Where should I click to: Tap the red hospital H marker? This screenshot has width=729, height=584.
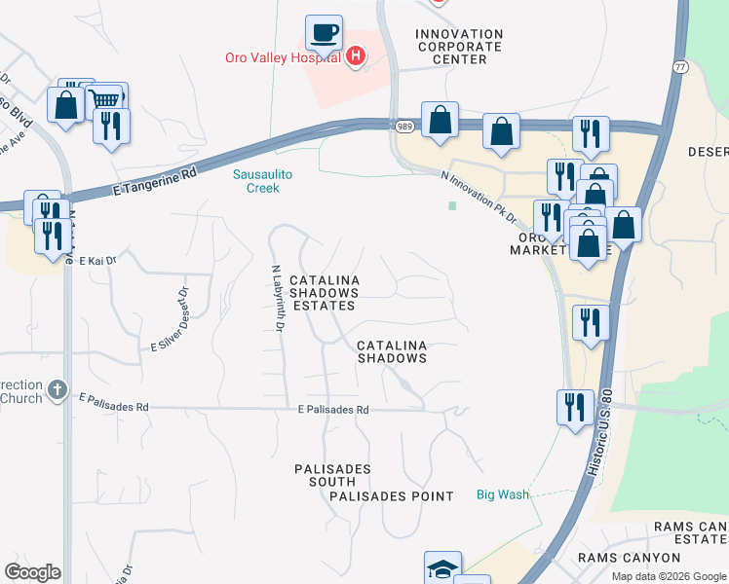coord(356,56)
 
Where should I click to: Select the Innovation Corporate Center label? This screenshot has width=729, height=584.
coord(459,47)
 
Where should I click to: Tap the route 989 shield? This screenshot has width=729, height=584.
coord(404,127)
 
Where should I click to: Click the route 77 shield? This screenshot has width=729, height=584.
coord(679,65)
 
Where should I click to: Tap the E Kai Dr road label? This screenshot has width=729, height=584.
coord(97,261)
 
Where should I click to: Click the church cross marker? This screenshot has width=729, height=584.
coord(58,390)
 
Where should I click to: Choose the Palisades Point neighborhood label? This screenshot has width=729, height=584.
coord(392,496)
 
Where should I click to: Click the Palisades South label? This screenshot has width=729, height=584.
coord(332,475)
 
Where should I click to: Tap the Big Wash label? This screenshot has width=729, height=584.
coord(503,494)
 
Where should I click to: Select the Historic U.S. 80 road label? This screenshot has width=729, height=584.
coord(595,427)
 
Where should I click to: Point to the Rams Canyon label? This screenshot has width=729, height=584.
coord(629,558)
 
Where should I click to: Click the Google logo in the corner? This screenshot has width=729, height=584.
coord(32,572)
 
